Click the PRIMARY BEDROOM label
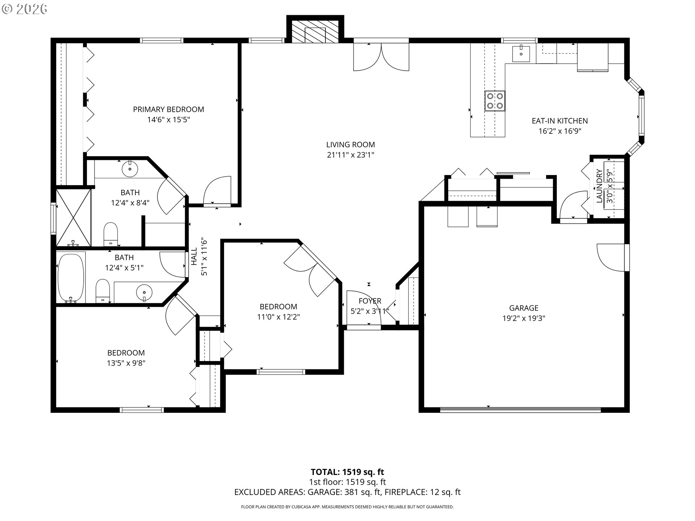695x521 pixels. (168, 109)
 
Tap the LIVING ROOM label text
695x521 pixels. (350, 145)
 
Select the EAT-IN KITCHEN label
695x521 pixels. (560, 121)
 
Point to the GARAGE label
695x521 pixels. (523, 308)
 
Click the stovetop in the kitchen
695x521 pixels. (495, 101)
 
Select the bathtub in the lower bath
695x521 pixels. (71, 278)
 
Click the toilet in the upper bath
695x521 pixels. (111, 234)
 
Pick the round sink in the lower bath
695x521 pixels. (144, 292)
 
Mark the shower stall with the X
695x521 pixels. (73, 217)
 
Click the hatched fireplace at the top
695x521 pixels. (315, 31)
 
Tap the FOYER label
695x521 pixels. (370, 301)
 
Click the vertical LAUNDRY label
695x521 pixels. (599, 186)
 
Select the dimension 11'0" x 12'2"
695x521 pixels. (278, 317)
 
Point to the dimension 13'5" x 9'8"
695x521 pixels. (126, 363)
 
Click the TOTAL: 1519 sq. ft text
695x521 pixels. (347, 472)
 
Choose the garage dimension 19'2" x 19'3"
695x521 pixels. (524, 318)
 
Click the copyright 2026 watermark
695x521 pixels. (25, 9)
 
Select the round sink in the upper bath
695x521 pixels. (130, 169)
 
